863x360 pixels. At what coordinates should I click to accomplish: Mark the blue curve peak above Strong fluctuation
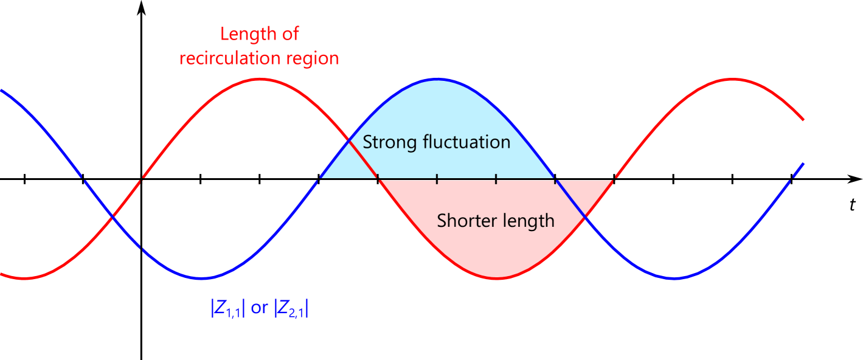[x=437, y=80]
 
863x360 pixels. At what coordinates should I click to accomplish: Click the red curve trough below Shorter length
[x=497, y=279]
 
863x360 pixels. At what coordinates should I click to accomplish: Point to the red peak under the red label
[x=260, y=79]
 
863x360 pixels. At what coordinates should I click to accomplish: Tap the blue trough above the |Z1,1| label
[x=202, y=279]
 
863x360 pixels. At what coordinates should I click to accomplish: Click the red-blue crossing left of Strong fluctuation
[x=350, y=142]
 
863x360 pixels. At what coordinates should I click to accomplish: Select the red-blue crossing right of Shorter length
[x=584, y=216]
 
